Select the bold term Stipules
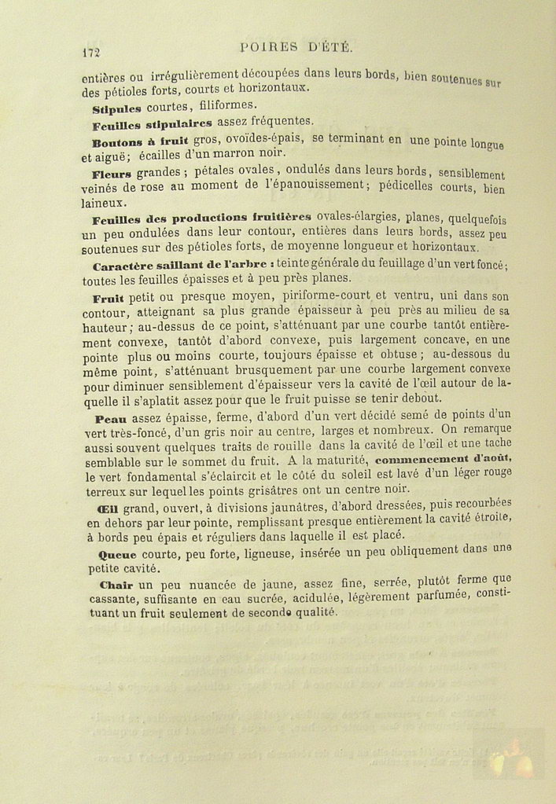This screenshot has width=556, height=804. pos(116,108)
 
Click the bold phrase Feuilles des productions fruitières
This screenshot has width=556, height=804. pos(201,218)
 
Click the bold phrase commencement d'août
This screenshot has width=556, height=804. pos(444,459)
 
